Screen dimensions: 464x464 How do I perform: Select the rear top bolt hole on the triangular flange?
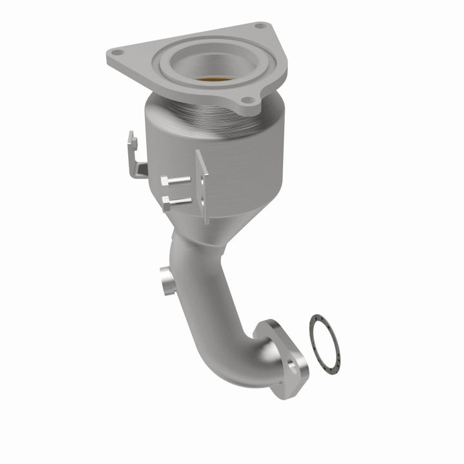260,26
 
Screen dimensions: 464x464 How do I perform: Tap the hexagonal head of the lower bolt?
166,206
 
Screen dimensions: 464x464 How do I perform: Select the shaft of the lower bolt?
182,201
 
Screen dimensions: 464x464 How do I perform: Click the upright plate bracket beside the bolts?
203,184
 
